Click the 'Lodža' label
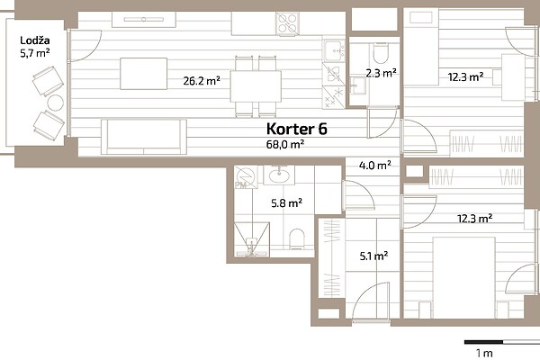pos(35,40)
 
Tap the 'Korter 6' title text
pos(296,129)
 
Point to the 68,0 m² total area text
pos(284,144)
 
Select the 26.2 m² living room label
pos(202,81)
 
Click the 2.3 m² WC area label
pos(381,73)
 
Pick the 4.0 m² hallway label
pos(374,166)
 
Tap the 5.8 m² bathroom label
pos(286,202)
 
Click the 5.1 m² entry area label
pos(373,256)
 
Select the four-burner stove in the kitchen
pos(287,23)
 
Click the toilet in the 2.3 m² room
pos(381,53)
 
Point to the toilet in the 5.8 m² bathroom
pos(297,238)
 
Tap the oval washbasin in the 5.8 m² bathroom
pos(279,175)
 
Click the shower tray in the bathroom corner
pos(252,239)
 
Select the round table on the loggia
pos(55,103)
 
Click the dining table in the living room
pos(256,86)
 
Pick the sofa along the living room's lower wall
pos(144,137)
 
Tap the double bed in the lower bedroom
pos(463,277)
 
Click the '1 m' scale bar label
pos(484,353)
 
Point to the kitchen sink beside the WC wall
pos(334,50)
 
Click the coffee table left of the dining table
pos(144,74)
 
